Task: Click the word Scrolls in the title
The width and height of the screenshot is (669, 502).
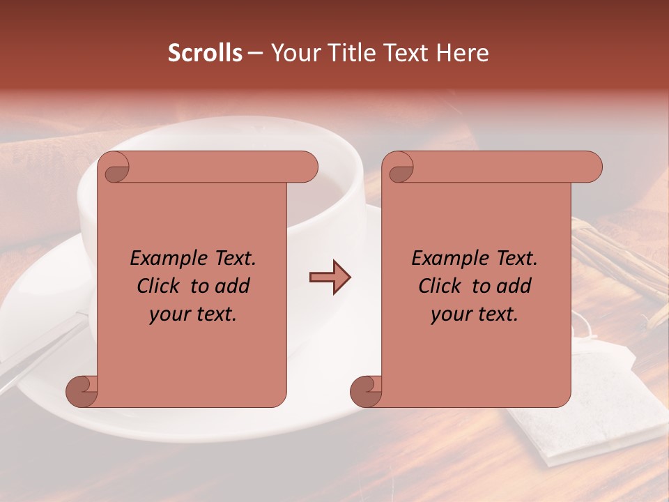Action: click(205, 53)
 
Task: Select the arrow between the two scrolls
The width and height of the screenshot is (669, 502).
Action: click(330, 277)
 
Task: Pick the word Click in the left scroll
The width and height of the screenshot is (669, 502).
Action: click(160, 286)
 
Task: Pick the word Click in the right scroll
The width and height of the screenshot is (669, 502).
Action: click(441, 286)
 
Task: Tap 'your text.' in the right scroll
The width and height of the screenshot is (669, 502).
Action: click(475, 314)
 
